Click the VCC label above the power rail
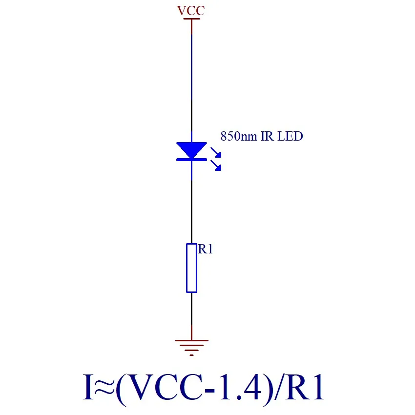click(191, 11)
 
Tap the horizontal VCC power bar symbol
click(191, 19)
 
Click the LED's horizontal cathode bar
click(191, 159)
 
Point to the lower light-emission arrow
click(216, 166)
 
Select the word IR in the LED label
click(268, 136)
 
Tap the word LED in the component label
click(290, 136)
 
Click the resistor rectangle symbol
click(191, 268)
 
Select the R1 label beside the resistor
click(206, 249)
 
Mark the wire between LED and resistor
click(191, 210)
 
